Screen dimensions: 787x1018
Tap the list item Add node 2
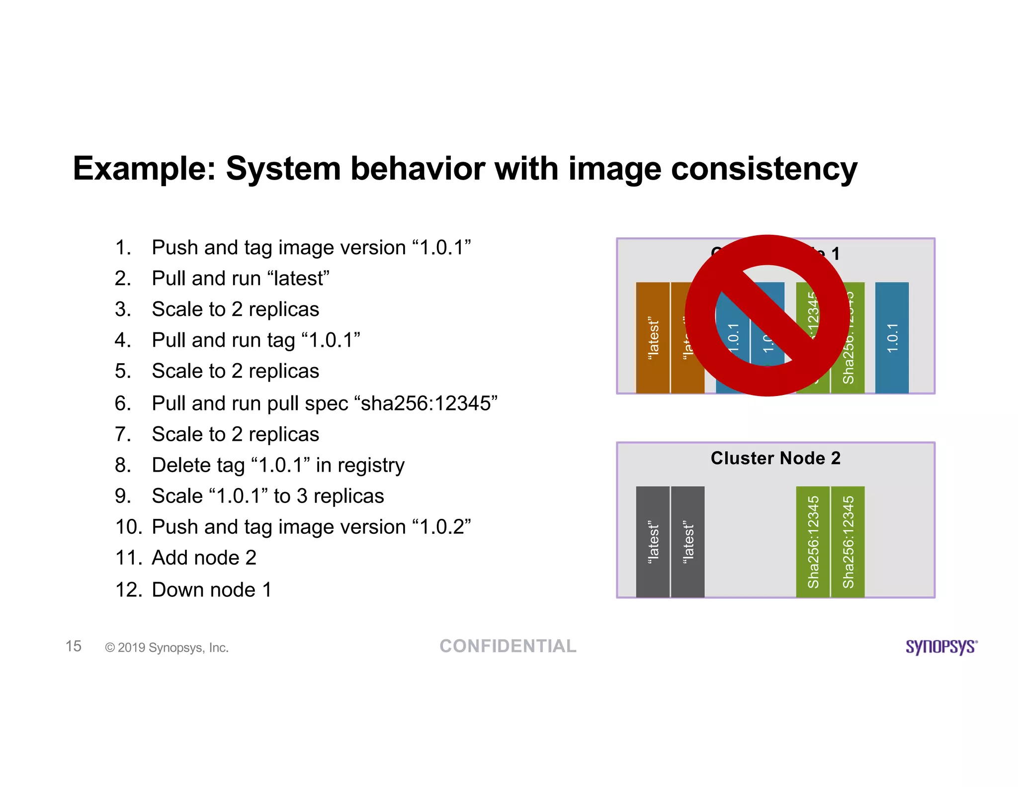click(204, 558)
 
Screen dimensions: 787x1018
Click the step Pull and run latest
click(240, 279)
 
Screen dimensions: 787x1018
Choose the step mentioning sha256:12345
click(324, 403)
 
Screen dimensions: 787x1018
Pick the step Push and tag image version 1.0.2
click(311, 527)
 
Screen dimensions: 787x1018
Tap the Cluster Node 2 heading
click(775, 458)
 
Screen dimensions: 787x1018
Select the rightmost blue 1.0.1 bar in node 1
click(892, 338)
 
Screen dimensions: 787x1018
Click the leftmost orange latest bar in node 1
click(653, 338)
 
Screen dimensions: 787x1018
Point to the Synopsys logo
click(941, 647)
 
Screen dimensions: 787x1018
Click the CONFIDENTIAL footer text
click(508, 646)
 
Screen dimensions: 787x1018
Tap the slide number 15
click(74, 646)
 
